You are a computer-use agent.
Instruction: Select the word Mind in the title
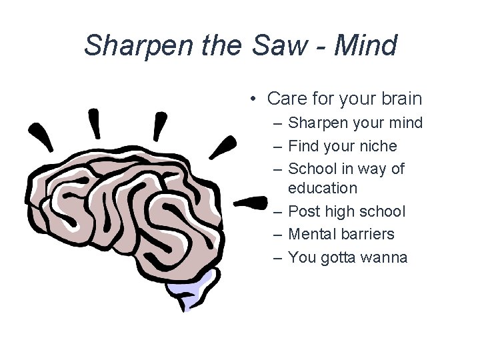click(x=366, y=46)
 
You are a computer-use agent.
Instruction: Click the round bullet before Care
click(x=254, y=99)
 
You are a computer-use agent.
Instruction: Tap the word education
click(x=323, y=188)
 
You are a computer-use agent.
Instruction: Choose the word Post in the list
click(x=304, y=211)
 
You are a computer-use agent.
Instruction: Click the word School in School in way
click(x=311, y=169)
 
